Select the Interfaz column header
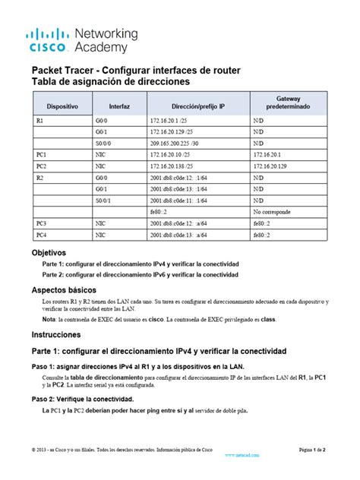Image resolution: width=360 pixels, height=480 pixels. [x=120, y=106]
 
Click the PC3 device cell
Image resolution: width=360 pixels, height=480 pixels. [x=41, y=223]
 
